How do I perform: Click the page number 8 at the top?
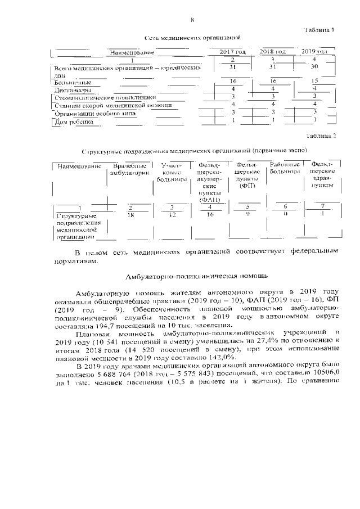point(192,20)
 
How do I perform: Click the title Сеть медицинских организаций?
point(193,38)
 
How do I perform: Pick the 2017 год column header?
point(232,52)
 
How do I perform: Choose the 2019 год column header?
point(314,52)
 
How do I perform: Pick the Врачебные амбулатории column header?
point(130,169)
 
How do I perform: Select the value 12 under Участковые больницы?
point(173,214)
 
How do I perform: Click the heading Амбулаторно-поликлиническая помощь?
point(192,276)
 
